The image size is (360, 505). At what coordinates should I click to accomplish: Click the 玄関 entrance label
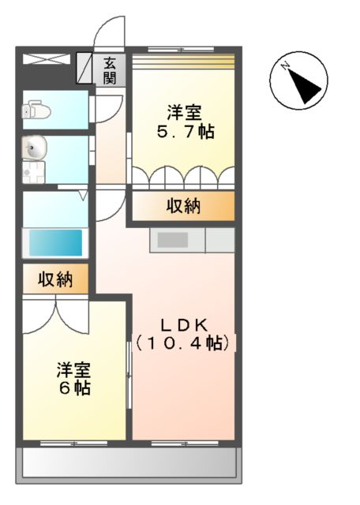110,70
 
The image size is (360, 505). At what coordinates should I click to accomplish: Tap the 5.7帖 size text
184,132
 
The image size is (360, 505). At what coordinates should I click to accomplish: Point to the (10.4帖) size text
183,343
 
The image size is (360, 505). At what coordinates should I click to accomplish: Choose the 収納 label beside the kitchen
183,207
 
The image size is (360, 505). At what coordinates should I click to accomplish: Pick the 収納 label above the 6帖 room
56,279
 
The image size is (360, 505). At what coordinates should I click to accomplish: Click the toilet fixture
36,110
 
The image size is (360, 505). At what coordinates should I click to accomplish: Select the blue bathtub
55,241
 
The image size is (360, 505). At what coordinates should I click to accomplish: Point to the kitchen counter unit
191,240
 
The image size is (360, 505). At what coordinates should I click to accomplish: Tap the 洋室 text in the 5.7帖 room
183,110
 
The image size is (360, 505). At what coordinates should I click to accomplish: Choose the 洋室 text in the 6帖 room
73,368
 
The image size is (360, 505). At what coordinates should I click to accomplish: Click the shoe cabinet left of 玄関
85,69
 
